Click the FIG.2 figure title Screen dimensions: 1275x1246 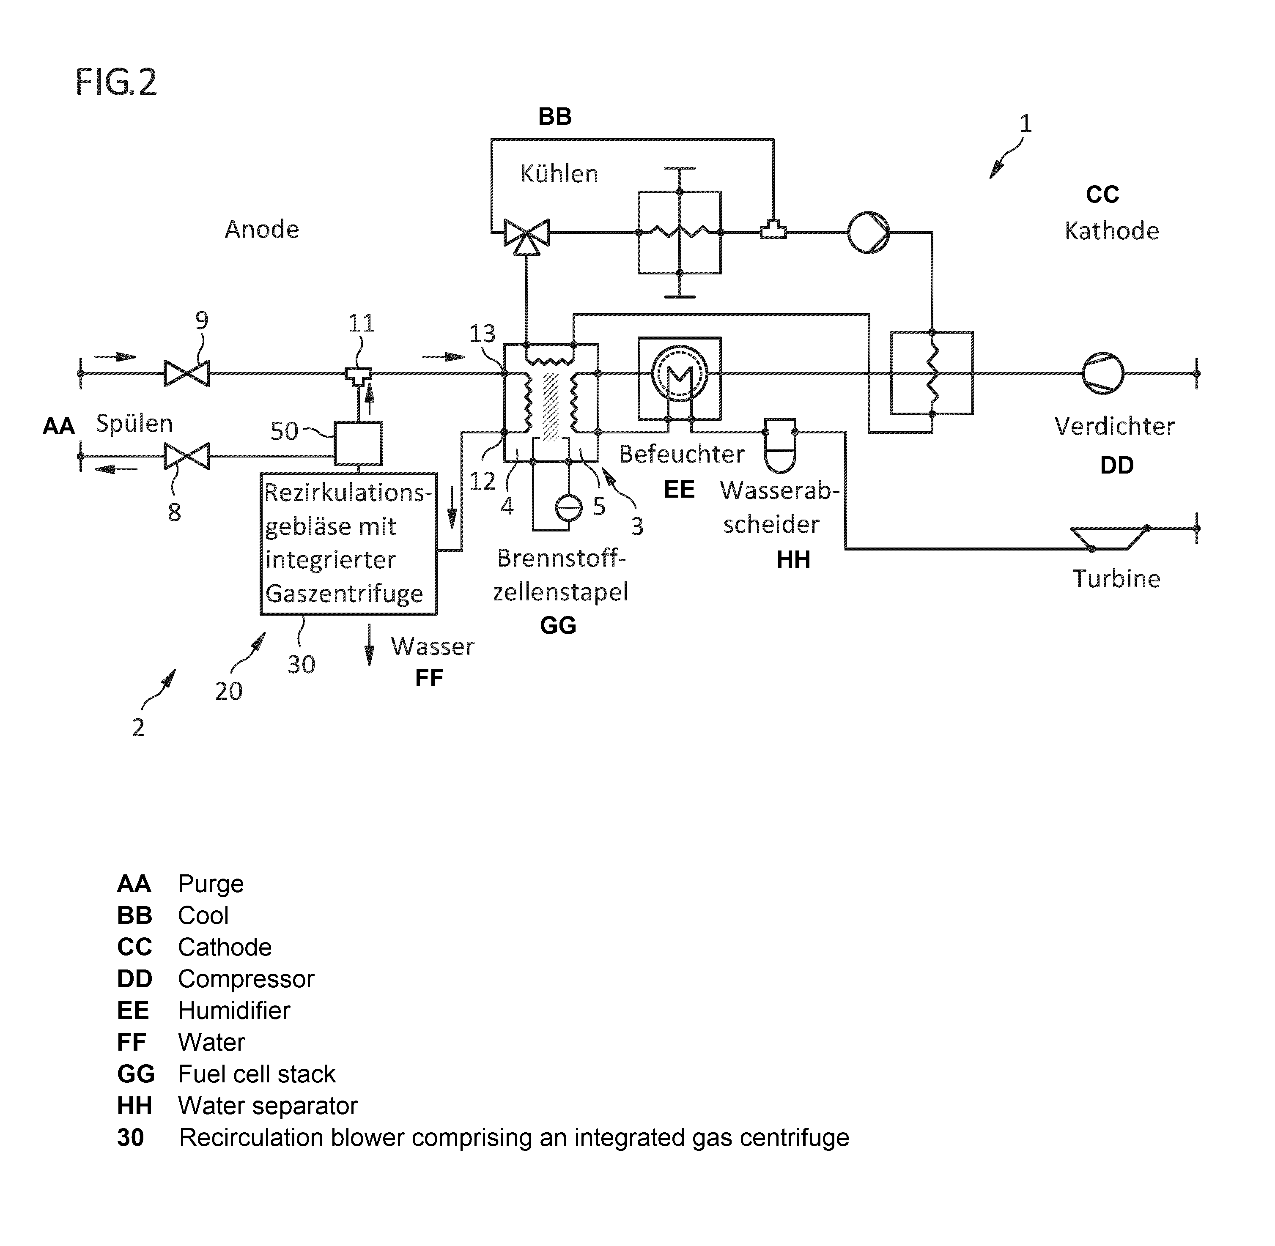[116, 82]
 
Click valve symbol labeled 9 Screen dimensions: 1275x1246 [186, 374]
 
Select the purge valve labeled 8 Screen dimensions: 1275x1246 [186, 456]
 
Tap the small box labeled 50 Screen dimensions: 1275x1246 [358, 443]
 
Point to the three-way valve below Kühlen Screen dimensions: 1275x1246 [526, 235]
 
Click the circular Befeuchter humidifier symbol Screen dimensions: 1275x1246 [680, 374]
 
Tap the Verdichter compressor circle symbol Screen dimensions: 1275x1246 [1103, 374]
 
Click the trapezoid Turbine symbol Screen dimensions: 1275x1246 [1109, 538]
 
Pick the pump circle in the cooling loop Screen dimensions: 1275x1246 [869, 232]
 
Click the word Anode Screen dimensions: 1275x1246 [262, 229]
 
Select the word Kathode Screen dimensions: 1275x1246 [1111, 230]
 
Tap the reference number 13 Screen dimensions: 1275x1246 [483, 334]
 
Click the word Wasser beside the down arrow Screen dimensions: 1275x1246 [433, 646]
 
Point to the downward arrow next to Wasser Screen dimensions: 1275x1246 [370, 645]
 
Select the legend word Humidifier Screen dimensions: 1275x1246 [234, 1010]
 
